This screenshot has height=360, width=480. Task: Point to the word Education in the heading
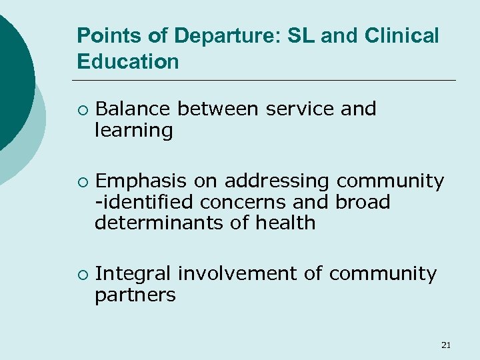coord(128,62)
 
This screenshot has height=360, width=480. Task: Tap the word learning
coord(134,130)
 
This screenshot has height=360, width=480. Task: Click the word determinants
coord(159,223)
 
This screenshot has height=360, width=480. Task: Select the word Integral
coord(133,274)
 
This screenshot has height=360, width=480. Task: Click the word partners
coord(135,295)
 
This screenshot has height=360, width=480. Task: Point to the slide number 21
coord(446,345)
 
